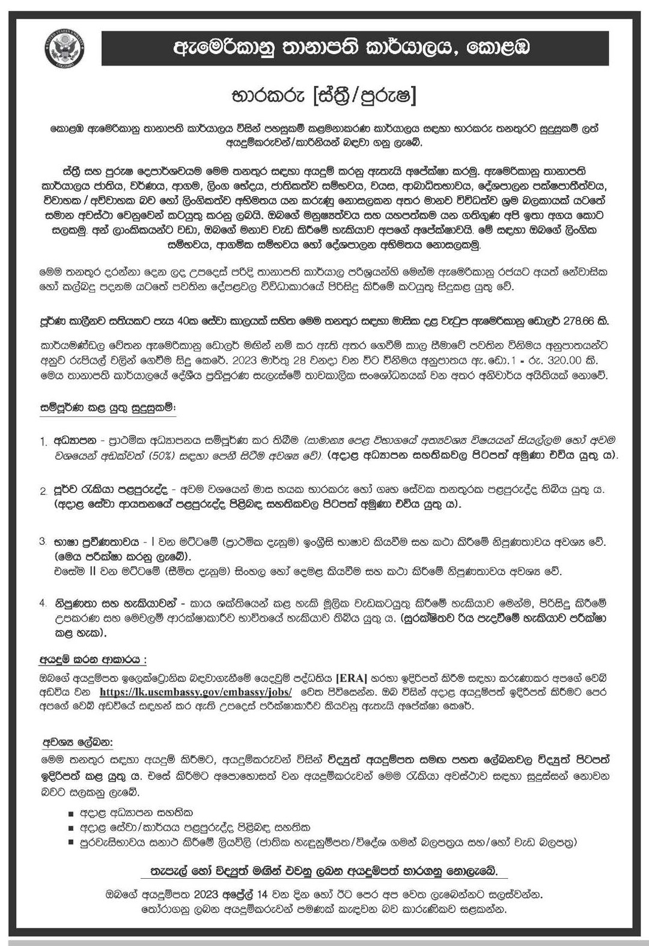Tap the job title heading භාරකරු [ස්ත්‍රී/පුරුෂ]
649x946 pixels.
(324, 96)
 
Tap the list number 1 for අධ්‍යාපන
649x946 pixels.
(43, 442)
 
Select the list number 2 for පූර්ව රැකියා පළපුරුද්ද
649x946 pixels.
(43, 491)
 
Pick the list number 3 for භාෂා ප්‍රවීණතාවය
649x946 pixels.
(43, 542)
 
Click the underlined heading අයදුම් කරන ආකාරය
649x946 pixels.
(93, 659)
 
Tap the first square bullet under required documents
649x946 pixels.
(71, 813)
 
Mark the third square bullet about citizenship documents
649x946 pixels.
(71, 843)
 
